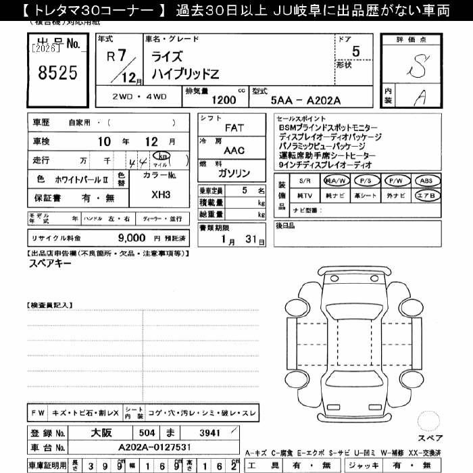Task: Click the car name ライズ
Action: point(168,57)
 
